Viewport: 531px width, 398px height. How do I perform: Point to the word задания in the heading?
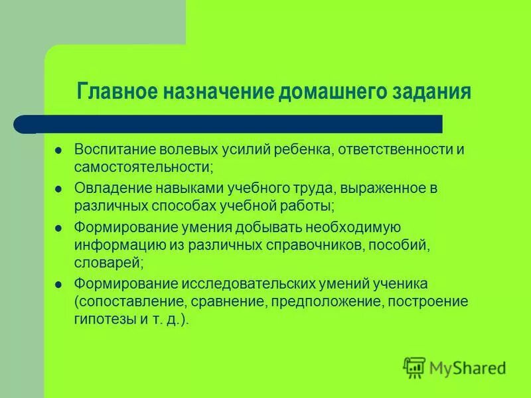[429, 90]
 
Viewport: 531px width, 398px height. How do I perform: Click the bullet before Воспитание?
[58, 149]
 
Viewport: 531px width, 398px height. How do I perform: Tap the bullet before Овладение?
[58, 188]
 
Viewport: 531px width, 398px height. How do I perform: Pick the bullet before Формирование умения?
[58, 228]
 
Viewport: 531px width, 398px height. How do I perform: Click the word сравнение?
[239, 301]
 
